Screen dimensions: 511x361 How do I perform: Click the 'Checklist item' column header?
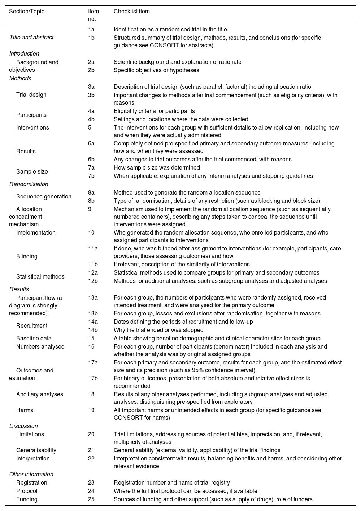point(131,12)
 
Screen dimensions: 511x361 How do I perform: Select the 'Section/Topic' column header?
point(27,12)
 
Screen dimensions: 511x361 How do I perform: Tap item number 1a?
point(91,30)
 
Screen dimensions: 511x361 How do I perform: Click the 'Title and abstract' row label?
point(31,38)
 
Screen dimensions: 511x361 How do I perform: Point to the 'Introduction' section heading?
point(24,54)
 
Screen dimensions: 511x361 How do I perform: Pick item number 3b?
point(91,95)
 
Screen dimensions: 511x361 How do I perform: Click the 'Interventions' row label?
point(32,128)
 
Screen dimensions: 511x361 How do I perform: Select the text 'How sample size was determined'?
point(157,168)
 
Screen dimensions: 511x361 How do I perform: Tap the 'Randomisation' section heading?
point(29,184)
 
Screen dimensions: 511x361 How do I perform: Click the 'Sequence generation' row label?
point(44,197)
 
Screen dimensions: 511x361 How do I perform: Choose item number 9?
point(90,209)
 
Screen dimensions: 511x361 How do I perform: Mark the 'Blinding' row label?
point(27,257)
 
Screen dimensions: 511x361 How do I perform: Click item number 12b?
point(93,281)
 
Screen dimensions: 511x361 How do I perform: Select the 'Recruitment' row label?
point(32,326)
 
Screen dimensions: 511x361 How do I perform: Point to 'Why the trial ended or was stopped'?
point(158,330)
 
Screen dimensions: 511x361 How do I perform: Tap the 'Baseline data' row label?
point(34,339)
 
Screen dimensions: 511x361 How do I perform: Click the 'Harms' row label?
point(25,410)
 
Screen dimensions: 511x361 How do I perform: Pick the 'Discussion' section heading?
point(23,426)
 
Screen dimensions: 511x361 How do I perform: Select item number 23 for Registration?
point(91,483)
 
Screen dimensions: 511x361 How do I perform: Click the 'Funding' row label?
point(27,499)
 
